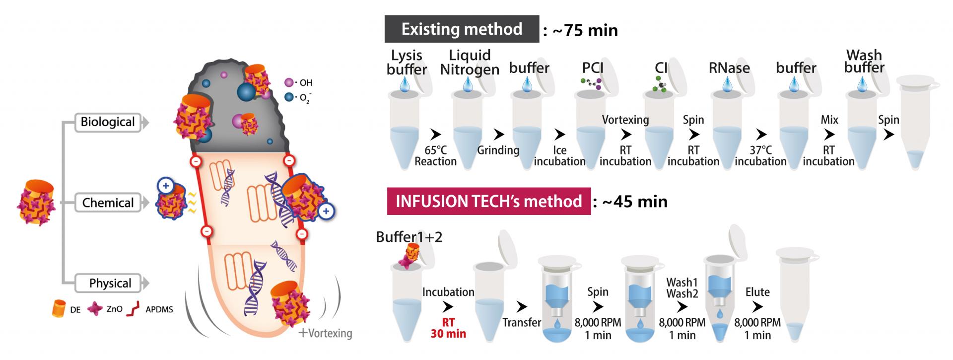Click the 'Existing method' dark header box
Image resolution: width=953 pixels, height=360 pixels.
pos(462,29)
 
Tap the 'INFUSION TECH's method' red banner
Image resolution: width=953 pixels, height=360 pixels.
pos(488,201)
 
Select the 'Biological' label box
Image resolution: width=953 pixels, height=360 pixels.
pos(108,122)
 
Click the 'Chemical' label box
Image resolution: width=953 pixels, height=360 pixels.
pos(108,203)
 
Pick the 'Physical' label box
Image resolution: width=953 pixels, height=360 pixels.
pos(110,284)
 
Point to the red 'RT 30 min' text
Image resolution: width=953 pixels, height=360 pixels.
pos(448,328)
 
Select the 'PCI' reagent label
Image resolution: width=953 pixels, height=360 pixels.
pos(593,68)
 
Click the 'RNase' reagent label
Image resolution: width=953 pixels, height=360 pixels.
pos(729,68)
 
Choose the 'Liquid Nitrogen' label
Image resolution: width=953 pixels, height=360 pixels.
pos(470,62)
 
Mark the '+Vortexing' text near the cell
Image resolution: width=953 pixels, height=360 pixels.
pos(325,333)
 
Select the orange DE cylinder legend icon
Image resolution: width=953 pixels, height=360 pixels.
pos(59,309)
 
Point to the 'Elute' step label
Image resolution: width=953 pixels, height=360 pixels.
pos(757,292)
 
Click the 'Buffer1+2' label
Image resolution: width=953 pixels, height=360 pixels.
pos(409,237)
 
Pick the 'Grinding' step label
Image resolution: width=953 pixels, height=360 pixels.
pos(498,150)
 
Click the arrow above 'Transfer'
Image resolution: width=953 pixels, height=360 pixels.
pos(522,306)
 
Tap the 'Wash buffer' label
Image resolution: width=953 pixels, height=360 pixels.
pos(864,61)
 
